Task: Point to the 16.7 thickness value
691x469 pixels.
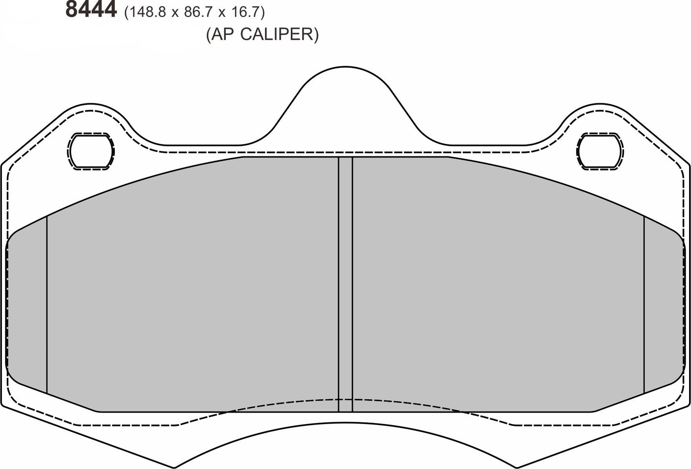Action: [x=244, y=12]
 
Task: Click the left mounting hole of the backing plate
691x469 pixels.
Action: [x=91, y=151]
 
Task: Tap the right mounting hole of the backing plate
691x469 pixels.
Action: [x=600, y=151]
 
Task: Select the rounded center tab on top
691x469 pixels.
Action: [x=345, y=96]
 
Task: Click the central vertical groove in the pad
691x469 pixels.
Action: [x=345, y=284]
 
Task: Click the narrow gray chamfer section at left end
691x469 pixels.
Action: [x=27, y=306]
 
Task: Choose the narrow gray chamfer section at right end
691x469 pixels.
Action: [x=664, y=306]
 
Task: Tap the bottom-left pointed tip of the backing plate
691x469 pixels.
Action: [x=175, y=467]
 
